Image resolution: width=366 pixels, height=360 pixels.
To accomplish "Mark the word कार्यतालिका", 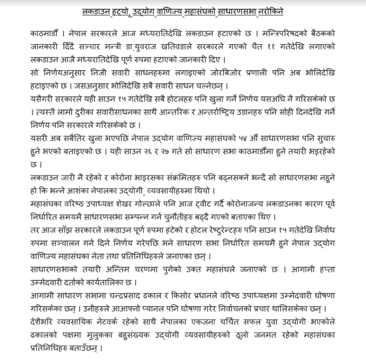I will [102, 277].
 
